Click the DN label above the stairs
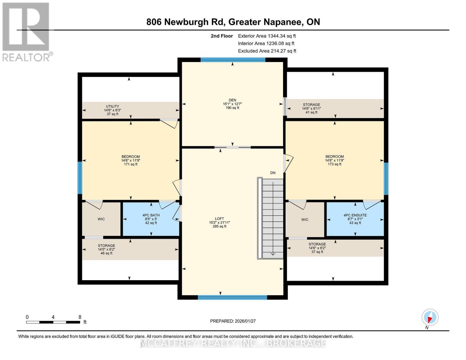(273, 173)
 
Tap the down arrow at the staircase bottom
(273, 254)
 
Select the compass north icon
(430, 317)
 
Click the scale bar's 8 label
(80, 317)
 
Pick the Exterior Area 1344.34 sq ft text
(267, 36)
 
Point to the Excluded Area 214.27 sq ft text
(267, 51)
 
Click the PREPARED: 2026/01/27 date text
(233, 321)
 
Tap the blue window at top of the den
(233, 60)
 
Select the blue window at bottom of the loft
(232, 297)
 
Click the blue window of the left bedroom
(80, 178)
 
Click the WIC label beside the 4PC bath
(101, 219)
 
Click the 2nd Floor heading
(222, 36)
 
